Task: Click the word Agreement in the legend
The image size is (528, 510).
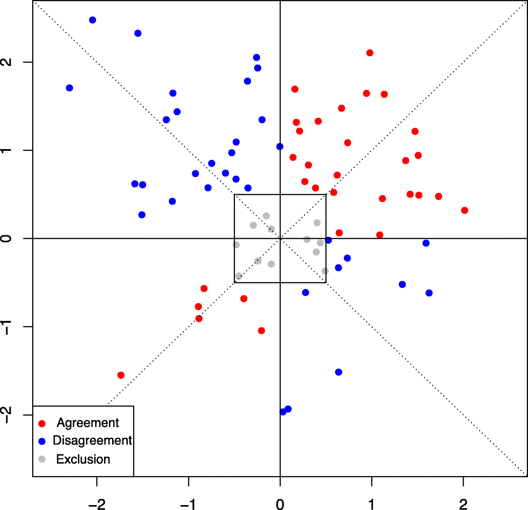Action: pos(88,423)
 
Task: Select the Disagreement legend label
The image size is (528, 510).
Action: pos(92,440)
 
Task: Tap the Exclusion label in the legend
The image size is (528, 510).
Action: pos(83,459)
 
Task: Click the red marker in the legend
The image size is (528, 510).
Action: pos(42,423)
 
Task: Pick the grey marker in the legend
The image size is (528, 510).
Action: pos(42,459)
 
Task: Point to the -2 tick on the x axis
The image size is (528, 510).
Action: pos(96,505)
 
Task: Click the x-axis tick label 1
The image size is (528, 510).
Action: pos(371,505)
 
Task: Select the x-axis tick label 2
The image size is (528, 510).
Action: pos(463,505)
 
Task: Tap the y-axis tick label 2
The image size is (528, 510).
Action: pos(6,62)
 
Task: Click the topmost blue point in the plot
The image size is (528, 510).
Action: pos(92,20)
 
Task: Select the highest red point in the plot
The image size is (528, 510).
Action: pos(370,53)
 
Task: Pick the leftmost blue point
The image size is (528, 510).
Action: pos(69,88)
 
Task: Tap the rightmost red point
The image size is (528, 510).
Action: pos(465,210)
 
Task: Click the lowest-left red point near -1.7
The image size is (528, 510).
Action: pos(121,375)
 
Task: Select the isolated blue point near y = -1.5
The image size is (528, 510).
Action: pos(339,372)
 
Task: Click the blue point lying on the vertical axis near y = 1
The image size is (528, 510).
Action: pos(280,146)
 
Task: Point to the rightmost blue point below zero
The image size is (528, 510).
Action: pos(429,293)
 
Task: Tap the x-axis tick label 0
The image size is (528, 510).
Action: pos(280,505)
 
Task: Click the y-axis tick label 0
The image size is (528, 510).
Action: pos(6,238)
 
